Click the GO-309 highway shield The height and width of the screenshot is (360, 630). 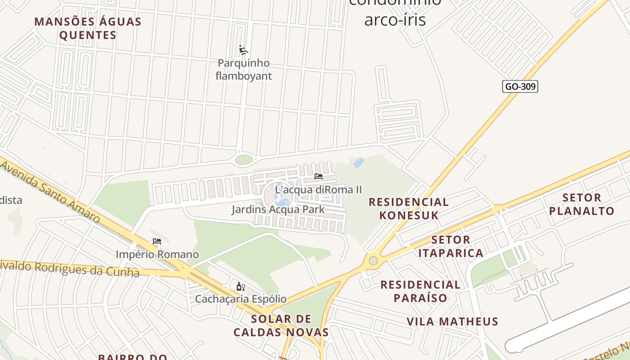tap(520, 86)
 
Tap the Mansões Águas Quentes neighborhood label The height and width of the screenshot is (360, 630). tap(88, 28)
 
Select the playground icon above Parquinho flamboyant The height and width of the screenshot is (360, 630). tap(243, 50)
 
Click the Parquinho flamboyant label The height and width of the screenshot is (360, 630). tap(243, 69)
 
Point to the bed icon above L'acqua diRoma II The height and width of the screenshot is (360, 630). tap(319, 176)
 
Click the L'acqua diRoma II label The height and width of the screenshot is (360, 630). tap(318, 189)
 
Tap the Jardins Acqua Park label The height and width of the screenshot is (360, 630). tap(278, 209)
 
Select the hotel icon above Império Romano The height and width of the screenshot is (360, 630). tap(157, 241)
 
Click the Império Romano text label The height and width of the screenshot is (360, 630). tap(157, 254)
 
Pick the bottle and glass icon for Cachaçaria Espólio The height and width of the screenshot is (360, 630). tap(240, 286)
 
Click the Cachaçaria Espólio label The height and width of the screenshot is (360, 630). tap(240, 299)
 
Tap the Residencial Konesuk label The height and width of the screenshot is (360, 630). tap(409, 208)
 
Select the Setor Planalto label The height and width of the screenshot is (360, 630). tap(581, 204)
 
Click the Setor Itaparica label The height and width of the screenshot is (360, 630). tap(450, 246)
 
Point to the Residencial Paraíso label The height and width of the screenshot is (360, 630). tap(420, 291)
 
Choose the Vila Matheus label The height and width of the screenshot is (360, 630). tap(452, 321)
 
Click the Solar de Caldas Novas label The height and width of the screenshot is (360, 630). tap(281, 326)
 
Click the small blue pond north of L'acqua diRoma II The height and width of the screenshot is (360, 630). tap(359, 163)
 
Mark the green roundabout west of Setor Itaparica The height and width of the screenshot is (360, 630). tap(373, 260)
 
